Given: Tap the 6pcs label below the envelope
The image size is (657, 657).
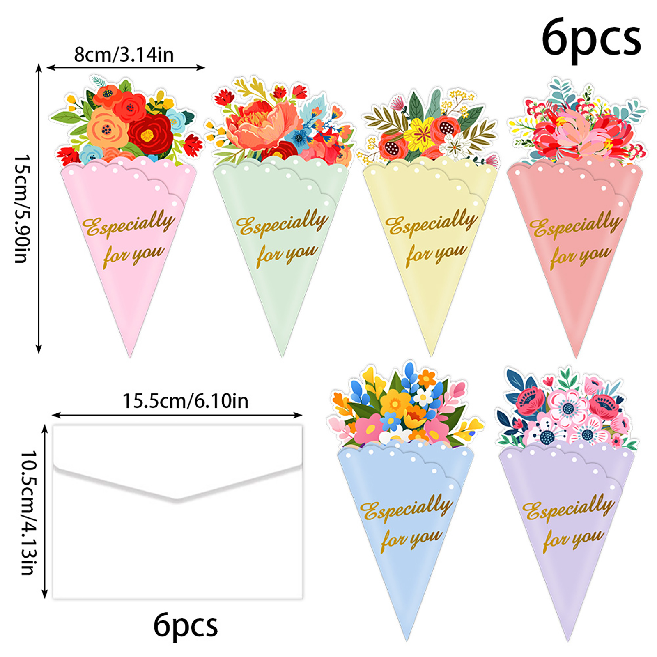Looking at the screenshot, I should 185,625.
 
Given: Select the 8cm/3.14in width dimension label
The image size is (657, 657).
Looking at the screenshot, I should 124,55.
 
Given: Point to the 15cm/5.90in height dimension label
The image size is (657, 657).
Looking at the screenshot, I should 21,209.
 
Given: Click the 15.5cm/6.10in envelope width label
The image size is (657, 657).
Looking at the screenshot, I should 185,401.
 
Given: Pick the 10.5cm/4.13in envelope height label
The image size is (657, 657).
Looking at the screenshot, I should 29,512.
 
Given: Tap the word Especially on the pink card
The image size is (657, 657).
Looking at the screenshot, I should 129,224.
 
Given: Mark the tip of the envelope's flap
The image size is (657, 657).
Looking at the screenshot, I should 177,500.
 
